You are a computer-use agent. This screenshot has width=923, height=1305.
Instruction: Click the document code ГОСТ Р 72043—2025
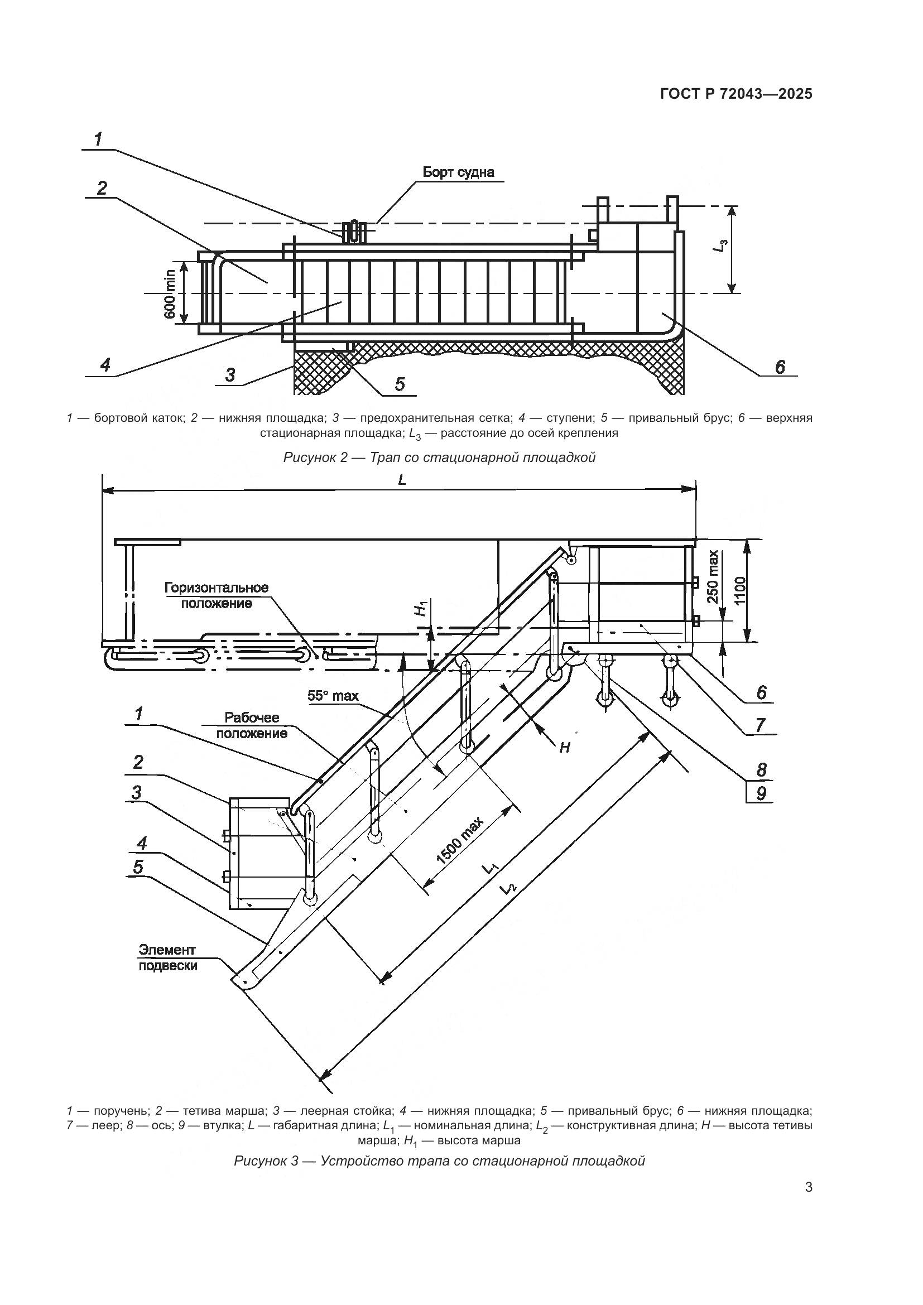click(x=736, y=94)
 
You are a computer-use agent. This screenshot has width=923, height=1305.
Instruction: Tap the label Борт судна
click(x=458, y=172)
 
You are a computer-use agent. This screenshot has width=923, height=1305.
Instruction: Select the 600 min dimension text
click(x=170, y=292)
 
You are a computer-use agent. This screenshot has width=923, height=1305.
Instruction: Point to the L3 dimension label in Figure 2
click(x=721, y=247)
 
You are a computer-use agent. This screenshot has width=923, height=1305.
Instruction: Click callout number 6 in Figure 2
click(x=780, y=367)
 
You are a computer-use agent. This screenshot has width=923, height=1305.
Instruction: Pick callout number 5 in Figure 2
click(x=400, y=384)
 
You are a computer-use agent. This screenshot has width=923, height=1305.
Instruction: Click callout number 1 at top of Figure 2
click(x=99, y=139)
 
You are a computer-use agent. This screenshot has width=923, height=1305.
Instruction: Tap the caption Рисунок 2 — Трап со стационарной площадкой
click(x=439, y=457)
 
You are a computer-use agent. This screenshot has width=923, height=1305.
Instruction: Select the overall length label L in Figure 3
click(x=402, y=480)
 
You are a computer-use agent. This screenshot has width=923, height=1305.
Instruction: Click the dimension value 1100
click(x=740, y=591)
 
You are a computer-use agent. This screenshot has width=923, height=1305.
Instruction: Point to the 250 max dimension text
click(x=713, y=577)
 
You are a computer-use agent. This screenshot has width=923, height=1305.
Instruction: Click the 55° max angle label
click(x=333, y=696)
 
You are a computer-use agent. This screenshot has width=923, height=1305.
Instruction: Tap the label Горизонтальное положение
click(x=217, y=595)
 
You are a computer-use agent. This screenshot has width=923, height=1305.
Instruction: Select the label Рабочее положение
click(x=251, y=725)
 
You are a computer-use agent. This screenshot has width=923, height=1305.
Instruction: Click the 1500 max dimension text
click(x=460, y=842)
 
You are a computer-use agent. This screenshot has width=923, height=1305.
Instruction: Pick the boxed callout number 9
click(x=761, y=793)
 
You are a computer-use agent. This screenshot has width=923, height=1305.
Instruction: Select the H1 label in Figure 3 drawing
click(x=420, y=609)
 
